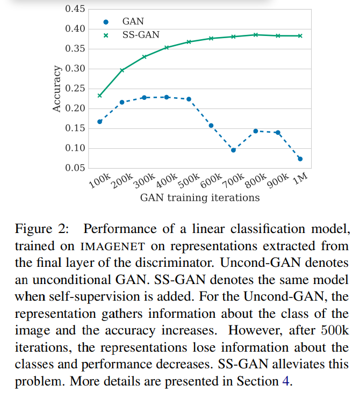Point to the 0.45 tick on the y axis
(74, 9)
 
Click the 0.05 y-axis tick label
(74, 168)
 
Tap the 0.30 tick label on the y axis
(74, 69)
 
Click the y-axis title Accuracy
(57, 89)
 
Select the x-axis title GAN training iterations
(199, 198)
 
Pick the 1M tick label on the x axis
(299, 179)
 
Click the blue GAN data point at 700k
(233, 150)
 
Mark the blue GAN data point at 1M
(300, 158)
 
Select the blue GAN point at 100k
(99, 121)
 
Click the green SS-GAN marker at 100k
(99, 96)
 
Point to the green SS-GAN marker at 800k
(256, 35)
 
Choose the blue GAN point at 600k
(211, 126)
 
